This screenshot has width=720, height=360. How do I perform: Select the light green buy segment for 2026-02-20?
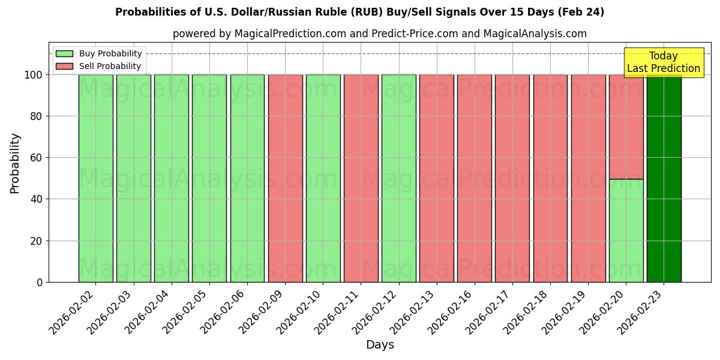pyautogui.click(x=626, y=230)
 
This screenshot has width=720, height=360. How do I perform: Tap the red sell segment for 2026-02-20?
pyautogui.click(x=626, y=127)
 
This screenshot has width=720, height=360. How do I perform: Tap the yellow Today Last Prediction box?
pyautogui.click(x=664, y=62)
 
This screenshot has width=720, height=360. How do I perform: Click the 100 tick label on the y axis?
pyautogui.click(x=34, y=75)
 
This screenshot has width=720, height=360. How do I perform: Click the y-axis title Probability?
pyautogui.click(x=15, y=163)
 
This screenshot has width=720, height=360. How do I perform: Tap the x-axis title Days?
pyautogui.click(x=380, y=345)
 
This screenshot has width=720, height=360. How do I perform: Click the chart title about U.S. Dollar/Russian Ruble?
pyautogui.click(x=359, y=12)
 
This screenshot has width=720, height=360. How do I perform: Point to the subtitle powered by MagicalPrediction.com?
pyautogui.click(x=379, y=34)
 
